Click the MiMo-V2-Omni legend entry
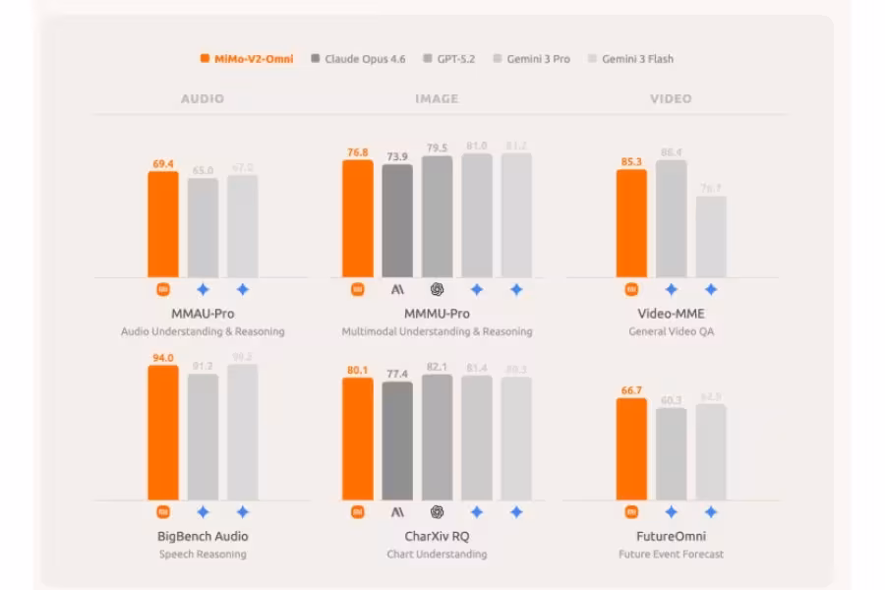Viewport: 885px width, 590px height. tap(247, 59)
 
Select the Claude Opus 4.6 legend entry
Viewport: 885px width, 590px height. tap(358, 59)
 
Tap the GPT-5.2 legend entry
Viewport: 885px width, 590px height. tap(449, 59)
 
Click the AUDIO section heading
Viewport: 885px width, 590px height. tap(203, 98)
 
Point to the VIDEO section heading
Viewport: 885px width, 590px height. tap(671, 98)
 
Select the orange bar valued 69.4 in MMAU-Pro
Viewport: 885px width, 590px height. tap(163, 225)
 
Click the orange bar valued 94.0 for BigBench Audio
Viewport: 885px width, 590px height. tap(163, 433)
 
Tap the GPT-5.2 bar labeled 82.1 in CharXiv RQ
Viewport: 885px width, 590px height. tap(438, 438)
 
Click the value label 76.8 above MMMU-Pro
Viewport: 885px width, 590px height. tap(358, 152)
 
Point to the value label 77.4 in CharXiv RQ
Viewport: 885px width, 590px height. tap(397, 375)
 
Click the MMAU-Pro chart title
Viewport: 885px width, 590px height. tap(203, 314)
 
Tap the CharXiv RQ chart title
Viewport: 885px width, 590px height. tap(437, 536)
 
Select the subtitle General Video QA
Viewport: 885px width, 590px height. tap(671, 331)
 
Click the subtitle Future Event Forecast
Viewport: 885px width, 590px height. tap(671, 554)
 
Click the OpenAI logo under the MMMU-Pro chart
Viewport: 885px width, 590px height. tap(438, 290)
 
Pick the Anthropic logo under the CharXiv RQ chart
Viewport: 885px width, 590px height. tap(397, 512)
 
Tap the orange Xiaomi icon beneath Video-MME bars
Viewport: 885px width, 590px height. tap(631, 290)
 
